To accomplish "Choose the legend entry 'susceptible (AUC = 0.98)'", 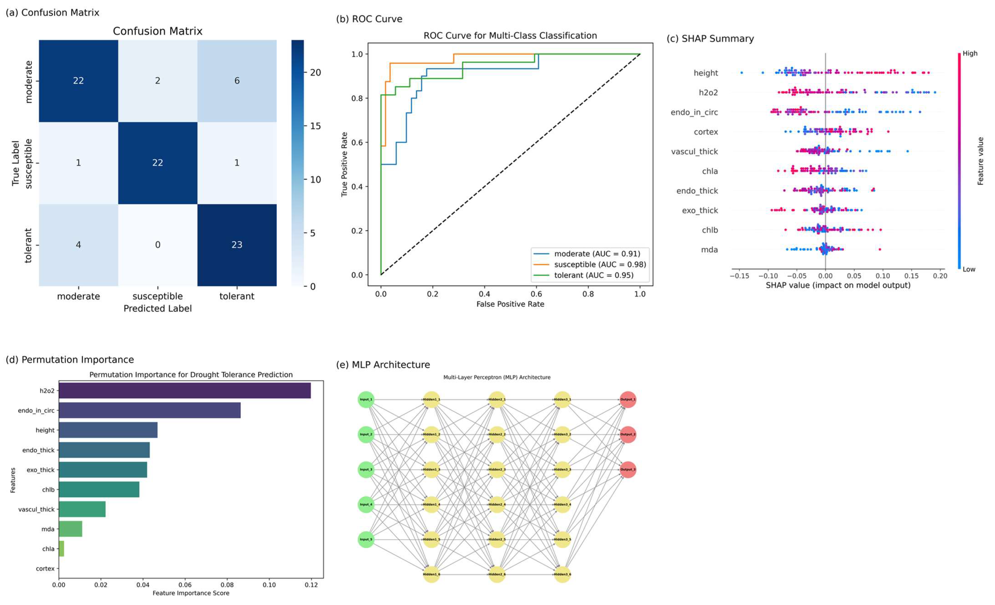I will (x=600, y=265).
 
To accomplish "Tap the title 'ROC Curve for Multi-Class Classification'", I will (x=510, y=36).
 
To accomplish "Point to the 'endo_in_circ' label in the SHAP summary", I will (x=694, y=112).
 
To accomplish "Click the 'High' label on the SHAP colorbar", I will (x=970, y=53).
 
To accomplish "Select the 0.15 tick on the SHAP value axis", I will (x=911, y=276).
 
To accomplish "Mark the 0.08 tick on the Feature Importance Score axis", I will (x=227, y=585).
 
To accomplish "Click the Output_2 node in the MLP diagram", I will (x=628, y=435).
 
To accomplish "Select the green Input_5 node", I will (x=366, y=540).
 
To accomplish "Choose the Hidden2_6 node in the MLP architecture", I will (x=497, y=574).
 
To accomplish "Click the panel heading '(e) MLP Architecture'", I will (x=383, y=365).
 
